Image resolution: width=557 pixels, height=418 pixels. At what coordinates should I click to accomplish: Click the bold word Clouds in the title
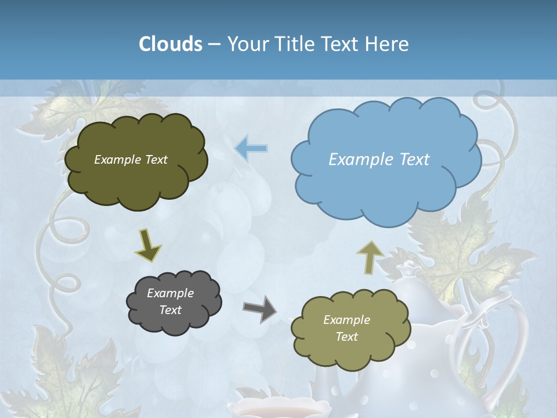pos(171,44)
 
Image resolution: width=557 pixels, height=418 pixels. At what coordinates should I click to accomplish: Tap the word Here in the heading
pos(388,44)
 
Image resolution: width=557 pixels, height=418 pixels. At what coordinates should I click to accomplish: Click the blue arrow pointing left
pos(251,149)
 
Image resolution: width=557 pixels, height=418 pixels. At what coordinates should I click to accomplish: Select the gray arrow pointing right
pos(259,309)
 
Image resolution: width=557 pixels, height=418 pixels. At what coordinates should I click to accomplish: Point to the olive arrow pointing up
pos(370,257)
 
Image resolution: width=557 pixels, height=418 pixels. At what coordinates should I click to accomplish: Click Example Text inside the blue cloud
pos(379,160)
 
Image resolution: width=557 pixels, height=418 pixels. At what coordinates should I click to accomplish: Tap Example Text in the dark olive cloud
pos(131,160)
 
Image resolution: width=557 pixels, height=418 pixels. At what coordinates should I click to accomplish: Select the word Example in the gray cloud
pos(170,293)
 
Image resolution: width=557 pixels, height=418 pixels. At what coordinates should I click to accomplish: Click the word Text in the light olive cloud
pos(346,337)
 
